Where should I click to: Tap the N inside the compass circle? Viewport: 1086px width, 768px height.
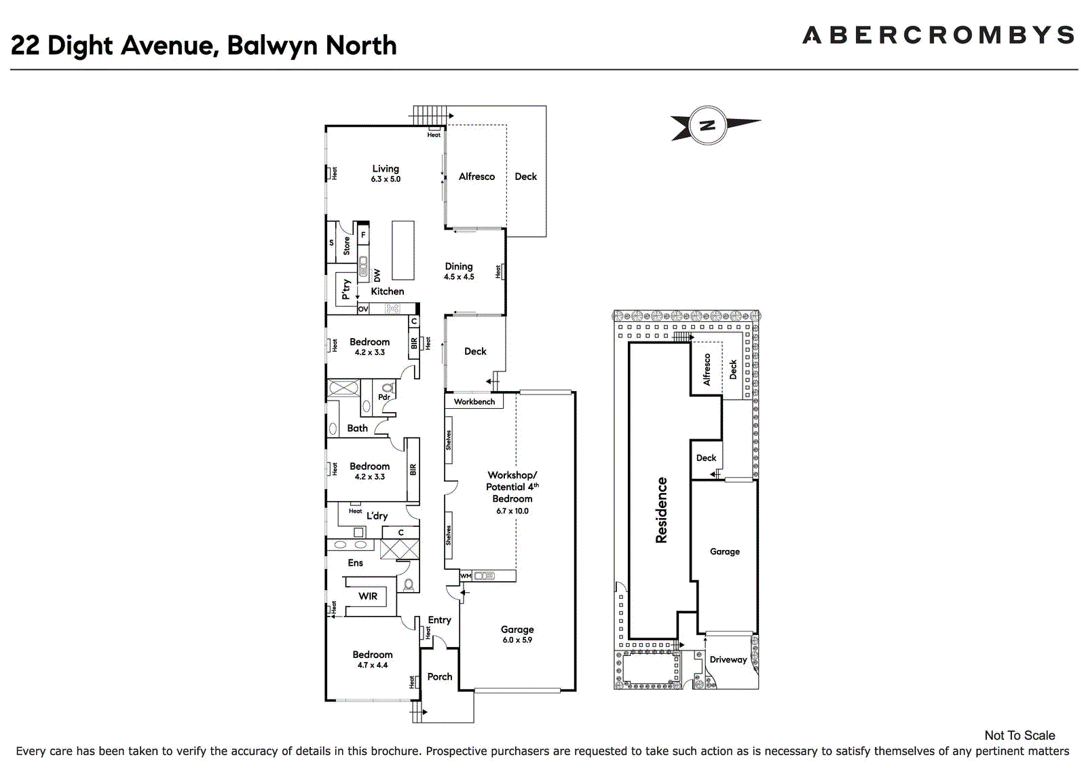pos(707,126)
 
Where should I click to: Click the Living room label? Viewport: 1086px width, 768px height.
pos(386,169)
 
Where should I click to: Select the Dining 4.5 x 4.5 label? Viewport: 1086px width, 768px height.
pos(459,271)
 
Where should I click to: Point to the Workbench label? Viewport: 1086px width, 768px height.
pos(474,402)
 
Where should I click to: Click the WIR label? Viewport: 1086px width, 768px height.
pos(367,596)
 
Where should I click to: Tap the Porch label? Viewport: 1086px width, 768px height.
pos(440,676)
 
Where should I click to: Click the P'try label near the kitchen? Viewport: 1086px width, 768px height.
pos(345,290)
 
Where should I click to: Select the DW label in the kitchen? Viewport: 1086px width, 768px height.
pos(377,276)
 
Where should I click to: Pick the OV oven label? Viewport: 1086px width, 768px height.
pos(362,308)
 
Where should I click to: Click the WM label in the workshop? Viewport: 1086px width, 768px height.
pos(466,576)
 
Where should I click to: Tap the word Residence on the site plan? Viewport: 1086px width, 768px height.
pos(661,510)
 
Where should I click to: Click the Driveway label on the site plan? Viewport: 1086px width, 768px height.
pos(728,659)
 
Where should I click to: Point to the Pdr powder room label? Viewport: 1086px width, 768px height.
pos(384,397)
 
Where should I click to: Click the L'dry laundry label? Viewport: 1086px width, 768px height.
pos(377,515)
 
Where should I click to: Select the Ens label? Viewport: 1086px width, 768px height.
pos(356,563)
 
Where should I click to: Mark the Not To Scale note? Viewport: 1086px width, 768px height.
pos(1019,735)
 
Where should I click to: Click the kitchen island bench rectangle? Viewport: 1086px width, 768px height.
pos(403,251)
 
